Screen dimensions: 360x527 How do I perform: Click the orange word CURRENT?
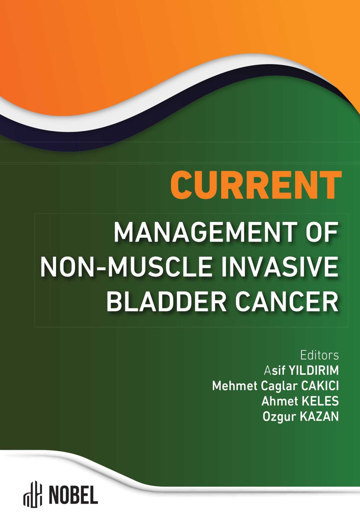[x=256, y=185]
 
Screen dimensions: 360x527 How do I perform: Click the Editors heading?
[x=319, y=355]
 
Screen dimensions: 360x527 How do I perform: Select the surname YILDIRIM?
[x=313, y=371]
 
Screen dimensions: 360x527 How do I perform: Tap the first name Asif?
[x=274, y=371]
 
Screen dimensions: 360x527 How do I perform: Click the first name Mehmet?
[x=235, y=386]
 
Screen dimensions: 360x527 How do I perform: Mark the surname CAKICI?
[x=320, y=386]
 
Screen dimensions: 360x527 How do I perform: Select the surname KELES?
[x=319, y=401]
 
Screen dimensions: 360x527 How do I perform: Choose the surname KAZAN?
[x=319, y=417]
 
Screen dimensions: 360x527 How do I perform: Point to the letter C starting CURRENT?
[x=181, y=185]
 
